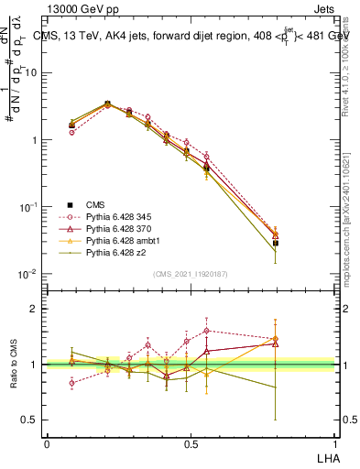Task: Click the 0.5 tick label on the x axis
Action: pyautogui.click(x=190, y=443)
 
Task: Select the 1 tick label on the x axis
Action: pyautogui.click(x=333, y=443)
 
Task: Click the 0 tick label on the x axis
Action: pyautogui.click(x=47, y=443)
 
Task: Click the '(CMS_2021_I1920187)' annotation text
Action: pyautogui.click(x=190, y=273)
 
